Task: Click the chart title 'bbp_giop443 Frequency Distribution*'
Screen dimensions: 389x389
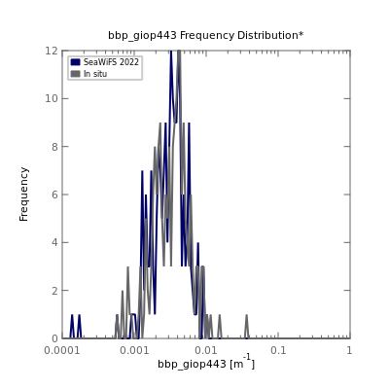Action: (206, 35)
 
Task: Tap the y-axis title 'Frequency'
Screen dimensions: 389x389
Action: (23, 194)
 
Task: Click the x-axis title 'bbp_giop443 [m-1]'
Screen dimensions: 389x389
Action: (206, 363)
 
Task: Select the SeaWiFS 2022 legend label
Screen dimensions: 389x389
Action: (111, 62)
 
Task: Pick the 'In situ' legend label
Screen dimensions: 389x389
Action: (95, 74)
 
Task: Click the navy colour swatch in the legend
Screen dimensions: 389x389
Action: (75, 62)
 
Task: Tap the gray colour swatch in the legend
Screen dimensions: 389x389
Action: (75, 74)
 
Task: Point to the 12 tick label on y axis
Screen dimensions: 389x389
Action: (52, 51)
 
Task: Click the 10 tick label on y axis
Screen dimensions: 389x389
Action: (52, 98)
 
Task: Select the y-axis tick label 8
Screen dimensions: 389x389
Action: (55, 147)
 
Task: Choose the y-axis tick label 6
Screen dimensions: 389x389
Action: (55, 194)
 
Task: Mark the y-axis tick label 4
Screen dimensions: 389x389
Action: (55, 242)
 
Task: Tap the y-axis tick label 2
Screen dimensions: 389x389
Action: (55, 291)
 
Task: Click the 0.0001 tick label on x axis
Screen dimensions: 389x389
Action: (62, 350)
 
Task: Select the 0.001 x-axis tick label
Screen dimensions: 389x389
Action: (134, 350)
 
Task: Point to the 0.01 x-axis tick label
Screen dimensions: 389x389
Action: (206, 350)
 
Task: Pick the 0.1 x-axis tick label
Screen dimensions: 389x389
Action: (278, 350)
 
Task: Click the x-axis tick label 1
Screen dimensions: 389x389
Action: (349, 350)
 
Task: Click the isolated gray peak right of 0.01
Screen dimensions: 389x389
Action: (247, 315)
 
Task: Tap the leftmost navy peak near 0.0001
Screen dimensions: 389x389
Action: (72, 315)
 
